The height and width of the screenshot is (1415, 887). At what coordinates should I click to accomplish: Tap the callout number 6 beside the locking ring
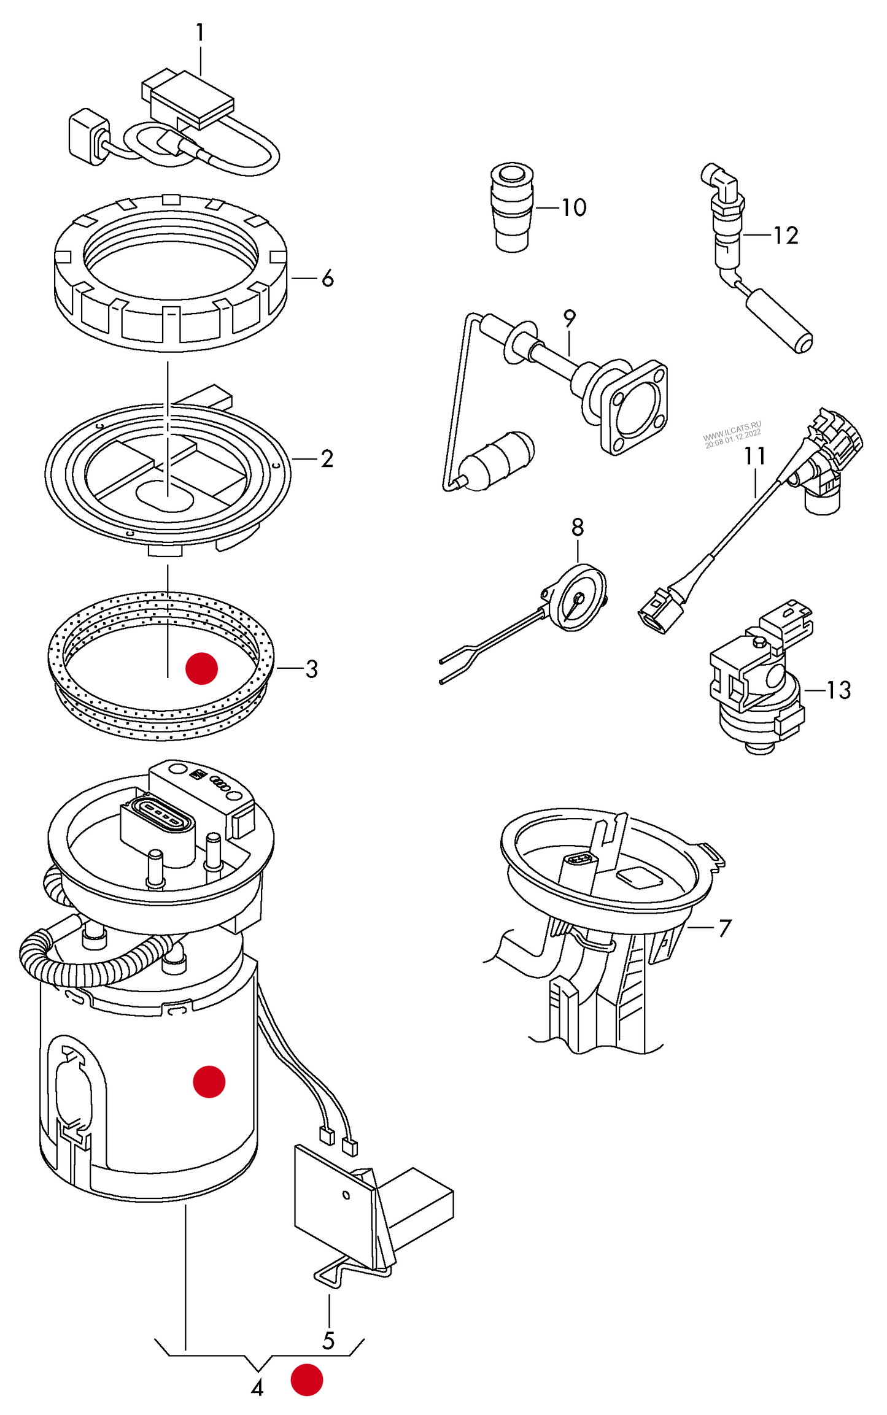coord(328,279)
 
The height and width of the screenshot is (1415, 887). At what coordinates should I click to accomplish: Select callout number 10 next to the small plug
coord(574,207)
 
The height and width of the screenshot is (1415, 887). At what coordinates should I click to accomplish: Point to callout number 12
coord(786,236)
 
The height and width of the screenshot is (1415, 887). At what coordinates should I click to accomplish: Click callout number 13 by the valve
coord(839,690)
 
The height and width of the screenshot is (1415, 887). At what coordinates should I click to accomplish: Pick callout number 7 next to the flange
coord(725,928)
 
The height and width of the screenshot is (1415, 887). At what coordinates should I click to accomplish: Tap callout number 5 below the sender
coord(328,1341)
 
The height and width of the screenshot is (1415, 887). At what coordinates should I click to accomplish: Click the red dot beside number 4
coord(306,1379)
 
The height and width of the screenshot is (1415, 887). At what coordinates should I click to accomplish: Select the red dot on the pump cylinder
coord(209,1081)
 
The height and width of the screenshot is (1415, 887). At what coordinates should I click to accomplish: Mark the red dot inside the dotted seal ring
coord(202,668)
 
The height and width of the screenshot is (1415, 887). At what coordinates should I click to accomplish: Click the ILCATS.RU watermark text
coord(732,433)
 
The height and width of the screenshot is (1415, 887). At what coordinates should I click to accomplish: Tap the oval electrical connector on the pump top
coord(158,815)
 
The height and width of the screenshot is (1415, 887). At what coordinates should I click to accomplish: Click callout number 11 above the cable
coord(755,457)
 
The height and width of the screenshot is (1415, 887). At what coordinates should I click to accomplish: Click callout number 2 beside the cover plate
coord(327,459)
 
